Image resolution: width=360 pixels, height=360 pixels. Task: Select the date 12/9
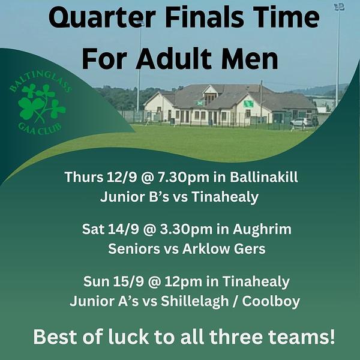[122, 177]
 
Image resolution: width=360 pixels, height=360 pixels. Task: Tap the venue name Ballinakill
[264, 177]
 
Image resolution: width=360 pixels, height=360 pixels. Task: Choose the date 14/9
[123, 229]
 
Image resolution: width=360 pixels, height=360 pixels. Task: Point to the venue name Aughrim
[262, 229]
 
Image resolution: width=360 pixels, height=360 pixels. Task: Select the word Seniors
[134, 249]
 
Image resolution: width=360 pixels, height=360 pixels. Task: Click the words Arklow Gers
[224, 249]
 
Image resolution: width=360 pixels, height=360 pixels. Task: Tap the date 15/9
[128, 281]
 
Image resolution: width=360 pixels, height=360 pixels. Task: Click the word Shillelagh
[194, 301]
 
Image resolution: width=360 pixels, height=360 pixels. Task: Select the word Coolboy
[271, 301]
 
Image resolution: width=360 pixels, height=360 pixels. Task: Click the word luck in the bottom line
[128, 337]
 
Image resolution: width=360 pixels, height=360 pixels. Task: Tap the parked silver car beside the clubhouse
[301, 122]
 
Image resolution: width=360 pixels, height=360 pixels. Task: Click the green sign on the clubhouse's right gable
[248, 104]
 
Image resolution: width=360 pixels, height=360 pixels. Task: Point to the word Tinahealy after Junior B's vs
[225, 197]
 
